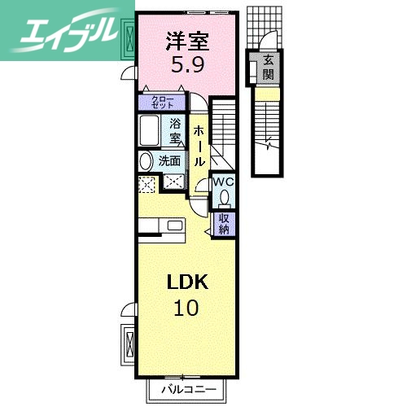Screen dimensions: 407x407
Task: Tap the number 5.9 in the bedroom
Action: [187, 66]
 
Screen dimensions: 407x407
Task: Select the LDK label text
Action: [188, 282]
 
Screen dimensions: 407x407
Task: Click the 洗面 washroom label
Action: [169, 161]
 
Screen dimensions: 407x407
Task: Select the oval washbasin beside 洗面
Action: [147, 161]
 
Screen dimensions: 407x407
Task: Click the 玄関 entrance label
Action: [269, 68]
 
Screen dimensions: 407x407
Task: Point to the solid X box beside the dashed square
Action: [173, 183]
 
